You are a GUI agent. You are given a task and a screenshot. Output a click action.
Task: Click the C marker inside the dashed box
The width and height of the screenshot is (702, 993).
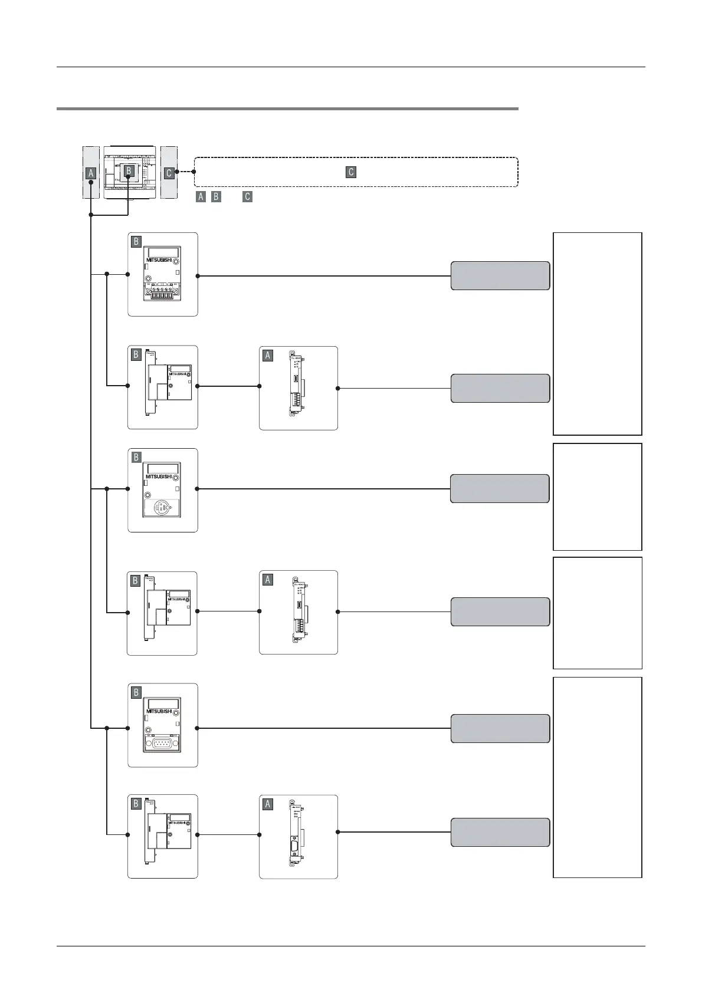pos(351,172)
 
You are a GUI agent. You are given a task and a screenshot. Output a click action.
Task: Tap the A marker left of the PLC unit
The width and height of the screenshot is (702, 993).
pos(91,173)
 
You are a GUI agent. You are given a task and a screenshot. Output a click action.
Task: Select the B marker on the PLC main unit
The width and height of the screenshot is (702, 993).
pos(128,170)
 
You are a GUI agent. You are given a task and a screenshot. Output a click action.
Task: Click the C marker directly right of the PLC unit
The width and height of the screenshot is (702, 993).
pos(169,173)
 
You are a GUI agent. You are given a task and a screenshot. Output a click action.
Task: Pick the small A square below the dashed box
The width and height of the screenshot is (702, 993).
pos(201,197)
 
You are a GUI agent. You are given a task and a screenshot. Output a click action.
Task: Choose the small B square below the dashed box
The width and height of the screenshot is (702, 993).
pos(216,197)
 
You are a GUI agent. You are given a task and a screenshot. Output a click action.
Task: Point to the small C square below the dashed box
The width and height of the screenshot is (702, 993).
pos(247,197)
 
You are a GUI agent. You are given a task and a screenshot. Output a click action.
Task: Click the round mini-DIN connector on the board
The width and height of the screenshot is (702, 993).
pos(162,508)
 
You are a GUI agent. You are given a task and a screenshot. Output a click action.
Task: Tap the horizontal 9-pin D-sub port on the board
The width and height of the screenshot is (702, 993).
pos(162,744)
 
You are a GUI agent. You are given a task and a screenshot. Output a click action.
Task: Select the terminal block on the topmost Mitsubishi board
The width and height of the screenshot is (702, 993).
pos(162,292)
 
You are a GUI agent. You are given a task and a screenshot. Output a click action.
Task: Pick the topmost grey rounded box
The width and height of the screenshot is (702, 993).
pos(500,275)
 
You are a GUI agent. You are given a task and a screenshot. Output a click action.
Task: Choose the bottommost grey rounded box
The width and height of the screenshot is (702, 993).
pos(500,832)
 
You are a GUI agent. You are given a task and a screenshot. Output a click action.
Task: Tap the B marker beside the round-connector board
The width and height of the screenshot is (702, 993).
pos(136,457)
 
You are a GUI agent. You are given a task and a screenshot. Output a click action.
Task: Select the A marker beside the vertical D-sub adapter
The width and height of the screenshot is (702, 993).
pos(268,804)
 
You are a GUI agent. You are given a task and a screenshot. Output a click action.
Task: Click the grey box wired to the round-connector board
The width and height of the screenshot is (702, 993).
pos(500,488)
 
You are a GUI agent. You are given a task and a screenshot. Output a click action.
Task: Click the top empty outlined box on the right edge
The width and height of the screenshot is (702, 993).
pos(597,333)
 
